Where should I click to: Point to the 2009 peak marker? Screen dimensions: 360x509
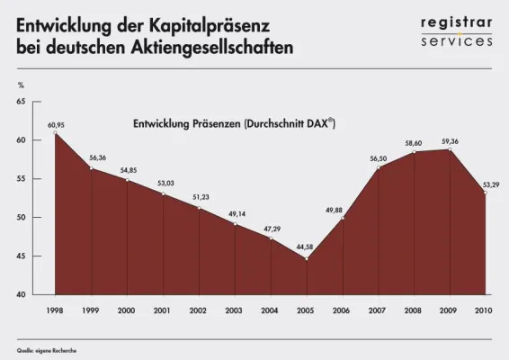click(450, 149)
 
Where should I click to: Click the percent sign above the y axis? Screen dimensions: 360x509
click(20, 85)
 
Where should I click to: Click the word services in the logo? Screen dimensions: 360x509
click(457, 40)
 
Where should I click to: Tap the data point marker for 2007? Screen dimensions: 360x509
click(378, 168)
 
